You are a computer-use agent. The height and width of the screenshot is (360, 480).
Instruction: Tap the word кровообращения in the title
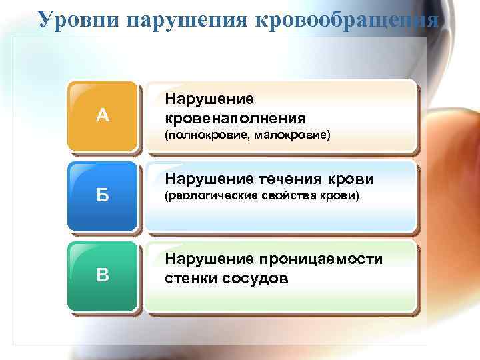coord(346,21)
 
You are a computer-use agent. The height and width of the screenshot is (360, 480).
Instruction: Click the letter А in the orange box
coord(102,116)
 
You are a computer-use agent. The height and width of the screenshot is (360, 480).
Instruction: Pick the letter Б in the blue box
coord(102,196)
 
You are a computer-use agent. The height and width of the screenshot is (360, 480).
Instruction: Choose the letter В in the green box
coord(102,275)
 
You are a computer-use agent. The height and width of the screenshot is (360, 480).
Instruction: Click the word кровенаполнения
coord(235,118)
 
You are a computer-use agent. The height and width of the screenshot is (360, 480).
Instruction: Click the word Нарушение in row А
coord(209,99)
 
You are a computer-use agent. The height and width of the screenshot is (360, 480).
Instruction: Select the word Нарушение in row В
coord(209,259)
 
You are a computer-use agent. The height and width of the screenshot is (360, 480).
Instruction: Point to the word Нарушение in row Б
coord(209,179)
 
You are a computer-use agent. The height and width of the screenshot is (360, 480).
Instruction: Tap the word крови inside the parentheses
coord(342,196)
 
